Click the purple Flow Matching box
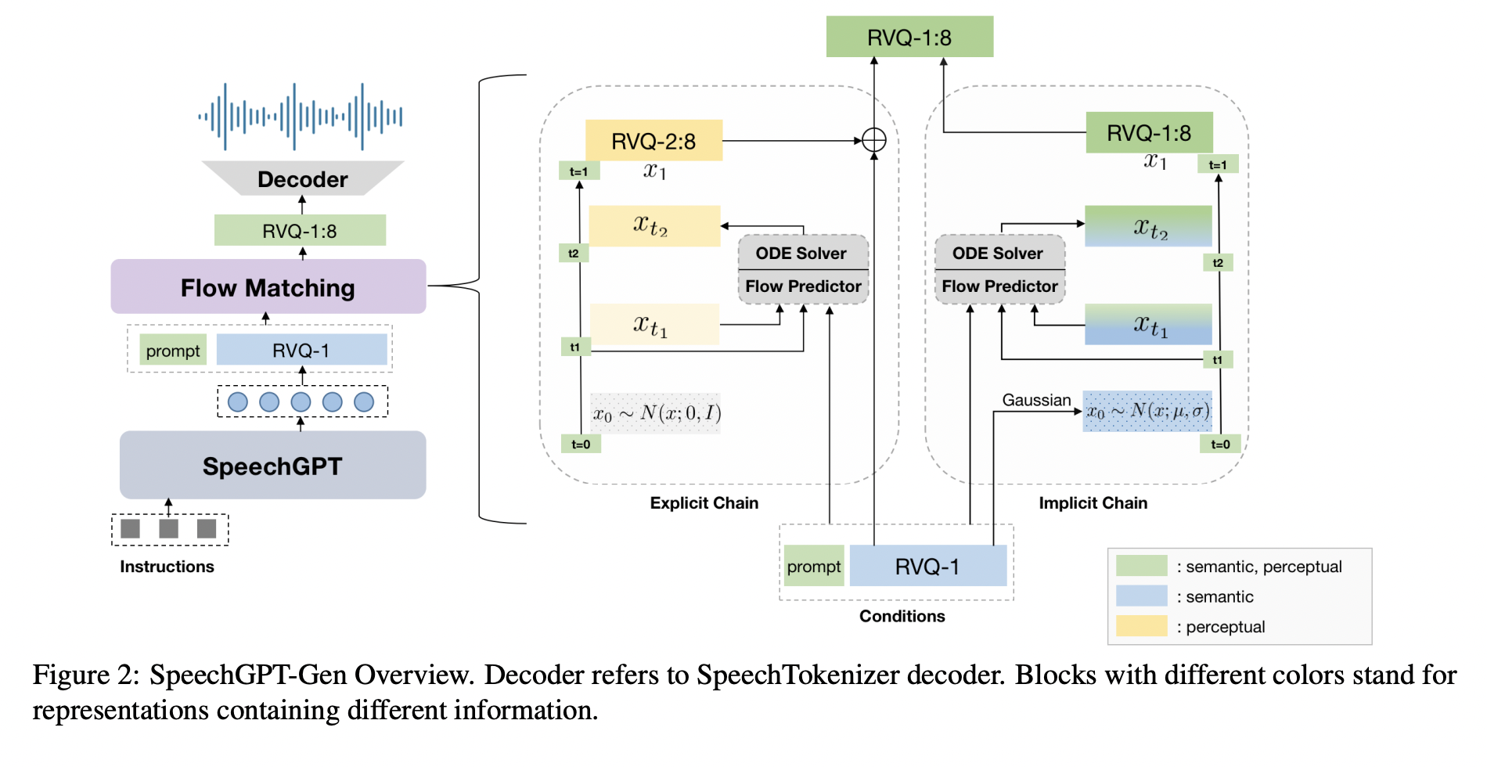tap(268, 287)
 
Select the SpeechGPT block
tap(272, 466)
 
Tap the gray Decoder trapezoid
tap(302, 178)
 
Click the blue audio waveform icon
tap(301, 117)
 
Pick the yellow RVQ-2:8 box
tap(653, 141)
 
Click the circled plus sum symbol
tap(873, 140)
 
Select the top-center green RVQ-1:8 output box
tap(909, 37)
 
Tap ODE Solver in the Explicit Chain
tap(801, 253)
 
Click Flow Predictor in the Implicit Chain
tap(999, 286)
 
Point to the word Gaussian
tap(1036, 400)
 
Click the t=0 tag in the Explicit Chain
tap(581, 444)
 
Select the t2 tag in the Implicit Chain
tap(1218, 262)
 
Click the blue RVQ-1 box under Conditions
tap(927, 566)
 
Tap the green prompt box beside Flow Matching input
tap(173, 351)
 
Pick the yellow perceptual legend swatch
tap(1141, 626)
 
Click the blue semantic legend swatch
tap(1141, 596)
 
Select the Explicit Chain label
tap(704, 502)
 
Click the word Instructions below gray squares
tap(167, 566)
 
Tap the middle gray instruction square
tap(168, 529)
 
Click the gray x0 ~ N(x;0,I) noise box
tap(656, 413)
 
